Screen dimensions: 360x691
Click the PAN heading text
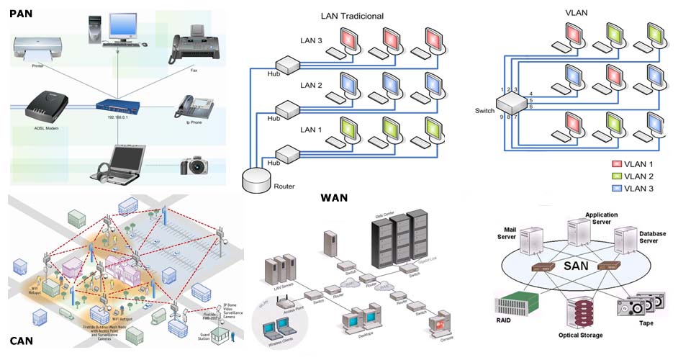tap(21, 12)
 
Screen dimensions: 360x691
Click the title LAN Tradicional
tap(351, 16)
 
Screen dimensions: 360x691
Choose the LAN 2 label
tap(312, 85)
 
